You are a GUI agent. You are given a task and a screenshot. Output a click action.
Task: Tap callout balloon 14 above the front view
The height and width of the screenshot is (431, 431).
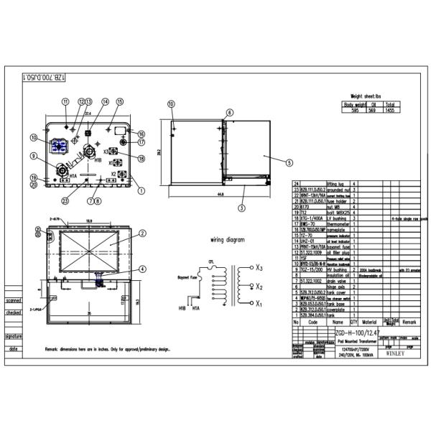[x=105, y=103]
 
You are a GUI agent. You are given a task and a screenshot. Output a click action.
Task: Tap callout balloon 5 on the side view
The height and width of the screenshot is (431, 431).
[x=288, y=162]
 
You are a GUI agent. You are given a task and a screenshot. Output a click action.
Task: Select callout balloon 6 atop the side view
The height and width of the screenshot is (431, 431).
[x=230, y=113]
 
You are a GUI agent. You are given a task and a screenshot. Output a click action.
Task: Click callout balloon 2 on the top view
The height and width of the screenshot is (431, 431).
[x=142, y=233]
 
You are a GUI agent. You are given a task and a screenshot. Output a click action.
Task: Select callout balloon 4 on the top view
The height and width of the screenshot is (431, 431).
[x=142, y=269]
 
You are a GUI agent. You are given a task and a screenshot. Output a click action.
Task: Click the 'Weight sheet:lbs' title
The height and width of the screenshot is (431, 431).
[x=369, y=95]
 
